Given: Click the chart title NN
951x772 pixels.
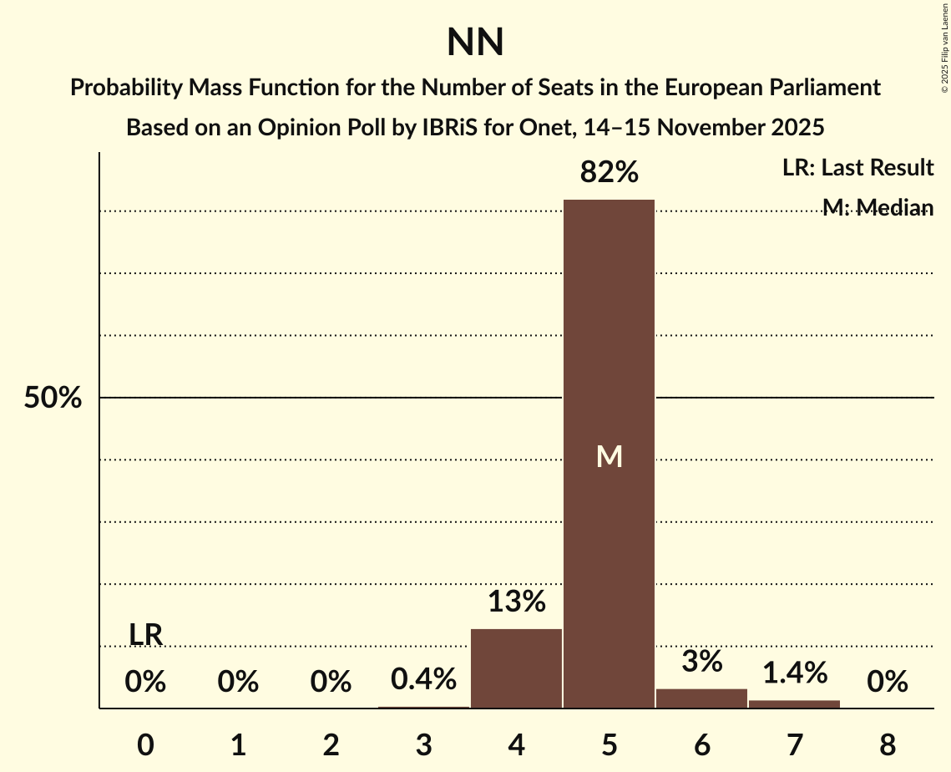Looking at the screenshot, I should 475,43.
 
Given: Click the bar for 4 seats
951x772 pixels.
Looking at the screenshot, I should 516,668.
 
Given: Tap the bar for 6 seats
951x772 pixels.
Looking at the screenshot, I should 701,698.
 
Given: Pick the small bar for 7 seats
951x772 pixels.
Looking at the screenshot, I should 794,703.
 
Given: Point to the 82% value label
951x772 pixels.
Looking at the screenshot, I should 610,172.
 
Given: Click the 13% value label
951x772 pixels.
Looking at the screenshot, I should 516,601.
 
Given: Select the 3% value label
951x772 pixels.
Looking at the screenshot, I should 701,661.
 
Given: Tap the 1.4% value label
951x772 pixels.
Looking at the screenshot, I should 794,672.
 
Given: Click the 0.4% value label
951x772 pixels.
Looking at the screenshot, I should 424,678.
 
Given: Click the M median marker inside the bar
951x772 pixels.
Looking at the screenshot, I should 610,456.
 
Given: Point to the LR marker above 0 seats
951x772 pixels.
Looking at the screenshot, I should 145,635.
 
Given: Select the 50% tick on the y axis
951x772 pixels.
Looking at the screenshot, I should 53,399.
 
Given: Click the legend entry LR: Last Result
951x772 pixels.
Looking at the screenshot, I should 857,168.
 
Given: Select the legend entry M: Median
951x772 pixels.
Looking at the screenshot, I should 878,207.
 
